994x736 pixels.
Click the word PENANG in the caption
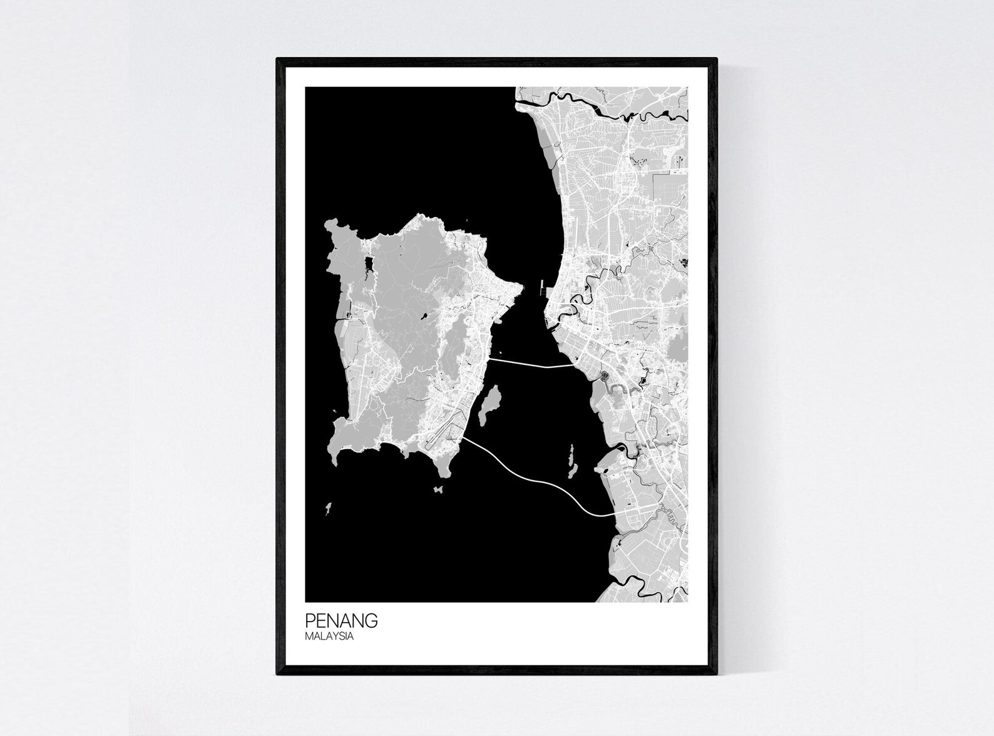pos(341,621)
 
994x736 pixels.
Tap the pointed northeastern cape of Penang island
pos(520,287)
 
